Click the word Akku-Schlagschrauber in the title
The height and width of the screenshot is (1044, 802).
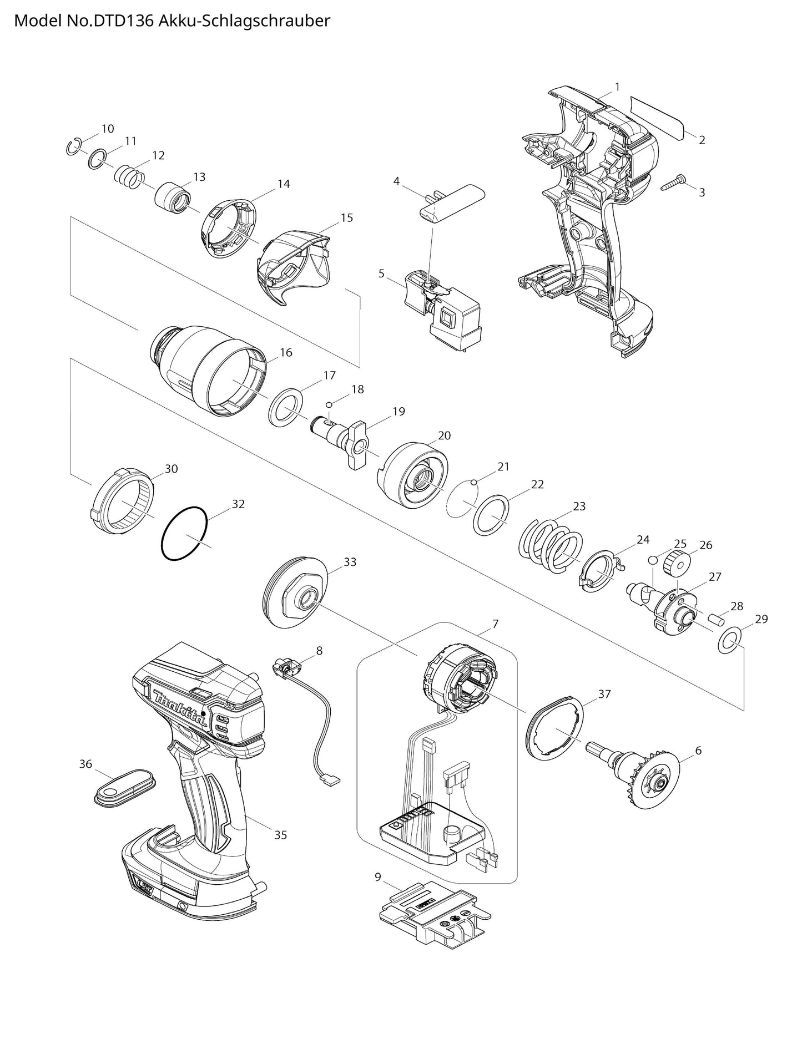pyautogui.click(x=244, y=21)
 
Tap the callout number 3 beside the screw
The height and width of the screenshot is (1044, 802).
pyautogui.click(x=702, y=192)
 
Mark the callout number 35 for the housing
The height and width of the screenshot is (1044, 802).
pyautogui.click(x=281, y=834)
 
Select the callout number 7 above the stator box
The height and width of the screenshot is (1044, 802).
pyautogui.click(x=495, y=624)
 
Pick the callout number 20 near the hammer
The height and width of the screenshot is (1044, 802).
pyautogui.click(x=444, y=435)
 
